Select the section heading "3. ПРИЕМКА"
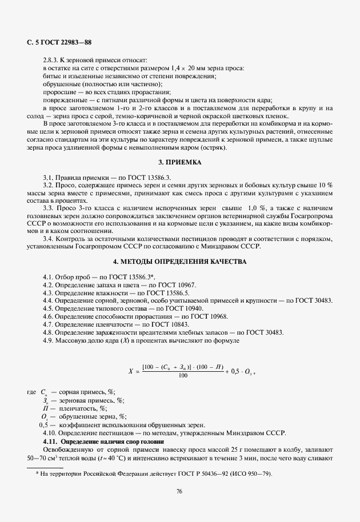click(x=180, y=162)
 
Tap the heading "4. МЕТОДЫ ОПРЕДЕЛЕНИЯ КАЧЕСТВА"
click(x=180, y=262)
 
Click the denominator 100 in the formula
click(x=183, y=376)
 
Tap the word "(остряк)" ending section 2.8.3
click(x=214, y=148)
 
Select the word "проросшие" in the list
click(x=59, y=92)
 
